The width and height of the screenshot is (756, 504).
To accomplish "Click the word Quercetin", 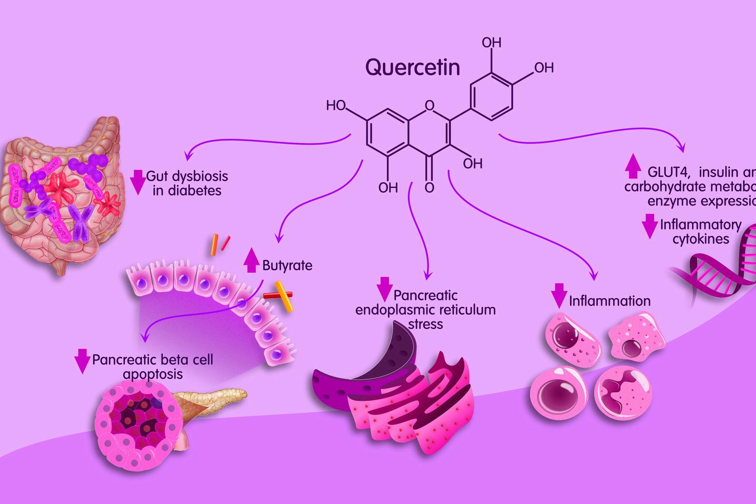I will click(412, 68).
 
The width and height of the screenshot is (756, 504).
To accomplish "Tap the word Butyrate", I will click(287, 265).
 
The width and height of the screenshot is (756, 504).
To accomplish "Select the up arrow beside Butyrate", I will click(251, 260).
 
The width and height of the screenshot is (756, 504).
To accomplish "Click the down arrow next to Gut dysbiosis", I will click(138, 182).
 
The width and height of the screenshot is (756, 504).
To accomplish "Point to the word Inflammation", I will click(610, 301).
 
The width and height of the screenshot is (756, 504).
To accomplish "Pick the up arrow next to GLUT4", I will click(632, 166).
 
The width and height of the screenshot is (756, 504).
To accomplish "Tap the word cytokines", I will click(700, 239).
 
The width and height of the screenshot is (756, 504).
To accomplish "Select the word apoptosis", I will click(153, 374).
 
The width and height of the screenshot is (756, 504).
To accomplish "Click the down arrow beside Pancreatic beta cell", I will click(82, 361).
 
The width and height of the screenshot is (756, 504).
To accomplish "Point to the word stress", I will click(426, 324).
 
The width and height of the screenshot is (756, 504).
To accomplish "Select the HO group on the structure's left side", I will click(336, 106).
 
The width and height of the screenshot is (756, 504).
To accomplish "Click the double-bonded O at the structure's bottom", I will click(429, 188).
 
